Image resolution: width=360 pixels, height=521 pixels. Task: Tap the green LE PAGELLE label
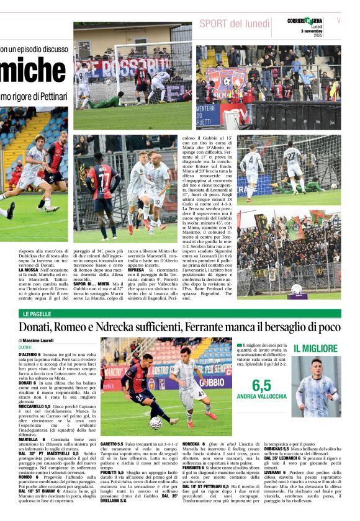(38, 314)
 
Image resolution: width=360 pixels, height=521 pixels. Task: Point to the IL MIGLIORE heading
(315, 349)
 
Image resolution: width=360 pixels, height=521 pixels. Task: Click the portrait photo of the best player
(316, 387)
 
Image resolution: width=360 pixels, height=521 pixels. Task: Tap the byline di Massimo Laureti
(38, 341)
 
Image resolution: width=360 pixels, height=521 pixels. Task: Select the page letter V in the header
(338, 20)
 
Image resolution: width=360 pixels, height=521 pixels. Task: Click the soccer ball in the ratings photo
(155, 422)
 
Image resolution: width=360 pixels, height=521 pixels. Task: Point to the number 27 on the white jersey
(290, 153)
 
